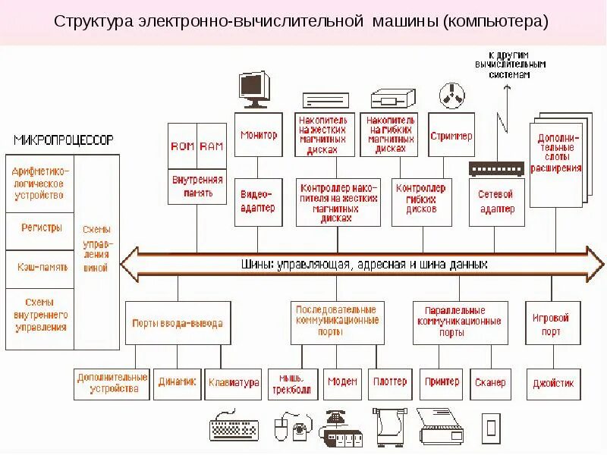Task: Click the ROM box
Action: [x=182, y=146]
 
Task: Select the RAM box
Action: [x=212, y=146]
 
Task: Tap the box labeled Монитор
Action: [x=259, y=135]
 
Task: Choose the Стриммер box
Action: [x=451, y=136]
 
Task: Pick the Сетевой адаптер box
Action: [x=496, y=202]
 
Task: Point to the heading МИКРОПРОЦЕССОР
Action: [x=63, y=140]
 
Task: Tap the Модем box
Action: [x=342, y=383]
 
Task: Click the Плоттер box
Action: [x=390, y=383]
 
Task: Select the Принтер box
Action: [x=442, y=383]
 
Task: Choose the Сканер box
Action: [x=489, y=383]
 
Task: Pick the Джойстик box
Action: [x=554, y=384]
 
